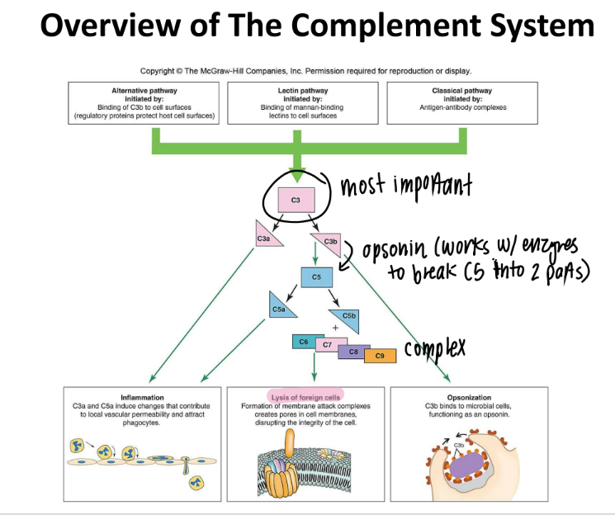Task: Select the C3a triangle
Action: pos(263,236)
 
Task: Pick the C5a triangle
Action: pos(278,308)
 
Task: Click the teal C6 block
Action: pos(302,340)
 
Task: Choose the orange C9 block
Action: pos(380,356)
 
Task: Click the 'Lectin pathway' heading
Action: pos(306,90)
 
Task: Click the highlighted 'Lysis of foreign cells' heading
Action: pos(306,398)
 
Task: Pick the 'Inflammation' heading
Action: pos(142,398)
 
